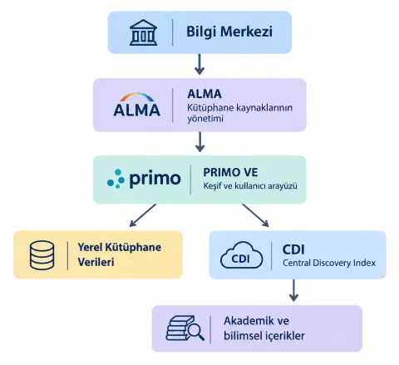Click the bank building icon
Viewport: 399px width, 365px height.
tap(143, 32)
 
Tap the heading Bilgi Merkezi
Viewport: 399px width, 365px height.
tap(229, 32)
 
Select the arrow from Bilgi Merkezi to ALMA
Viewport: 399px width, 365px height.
tap(199, 64)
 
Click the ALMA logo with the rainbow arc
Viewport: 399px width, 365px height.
tap(137, 105)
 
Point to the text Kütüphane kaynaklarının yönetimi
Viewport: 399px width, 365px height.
tap(239, 113)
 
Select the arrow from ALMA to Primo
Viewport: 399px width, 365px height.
tap(199, 141)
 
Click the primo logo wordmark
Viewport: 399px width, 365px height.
tap(144, 179)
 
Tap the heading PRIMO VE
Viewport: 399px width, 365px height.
tap(230, 172)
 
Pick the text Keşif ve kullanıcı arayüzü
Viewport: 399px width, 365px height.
tap(250, 185)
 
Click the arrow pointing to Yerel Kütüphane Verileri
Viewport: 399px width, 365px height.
tap(143, 215)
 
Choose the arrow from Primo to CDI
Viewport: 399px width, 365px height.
tap(255, 215)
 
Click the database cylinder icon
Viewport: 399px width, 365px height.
tap(42, 255)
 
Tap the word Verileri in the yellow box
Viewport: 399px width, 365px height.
tap(96, 262)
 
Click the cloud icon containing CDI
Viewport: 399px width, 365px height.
tap(241, 255)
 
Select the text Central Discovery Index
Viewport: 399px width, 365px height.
tap(329, 263)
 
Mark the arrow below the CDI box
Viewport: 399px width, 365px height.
tap(293, 290)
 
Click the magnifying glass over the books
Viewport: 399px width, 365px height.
tap(195, 330)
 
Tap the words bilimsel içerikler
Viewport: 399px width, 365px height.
tap(264, 336)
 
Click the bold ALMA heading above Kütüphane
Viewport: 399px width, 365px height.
tap(204, 94)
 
